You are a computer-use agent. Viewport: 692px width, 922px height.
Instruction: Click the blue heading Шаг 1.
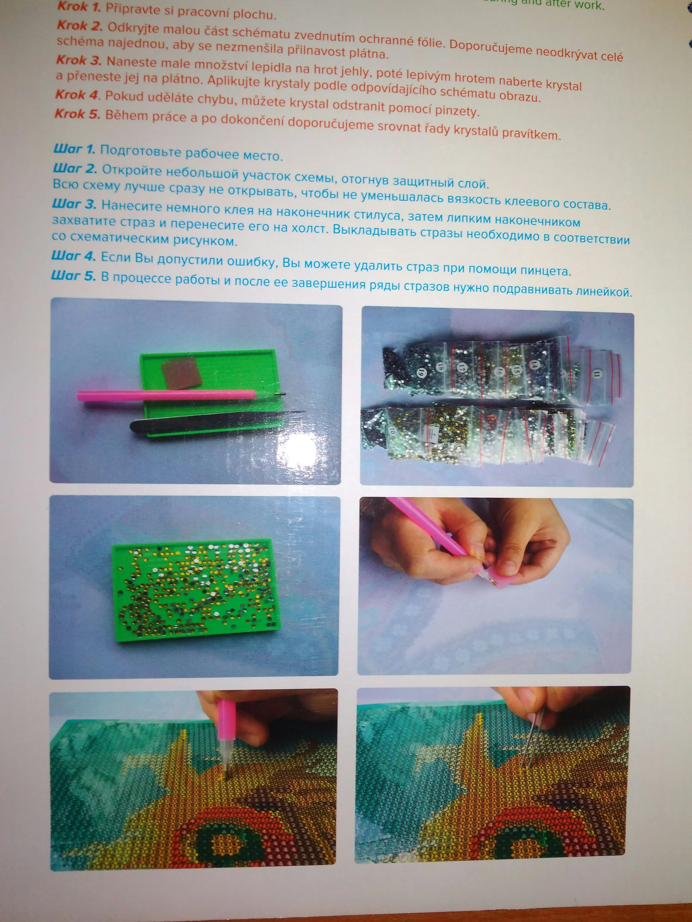click(74, 149)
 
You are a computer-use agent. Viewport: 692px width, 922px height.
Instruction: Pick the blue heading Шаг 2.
click(75, 168)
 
